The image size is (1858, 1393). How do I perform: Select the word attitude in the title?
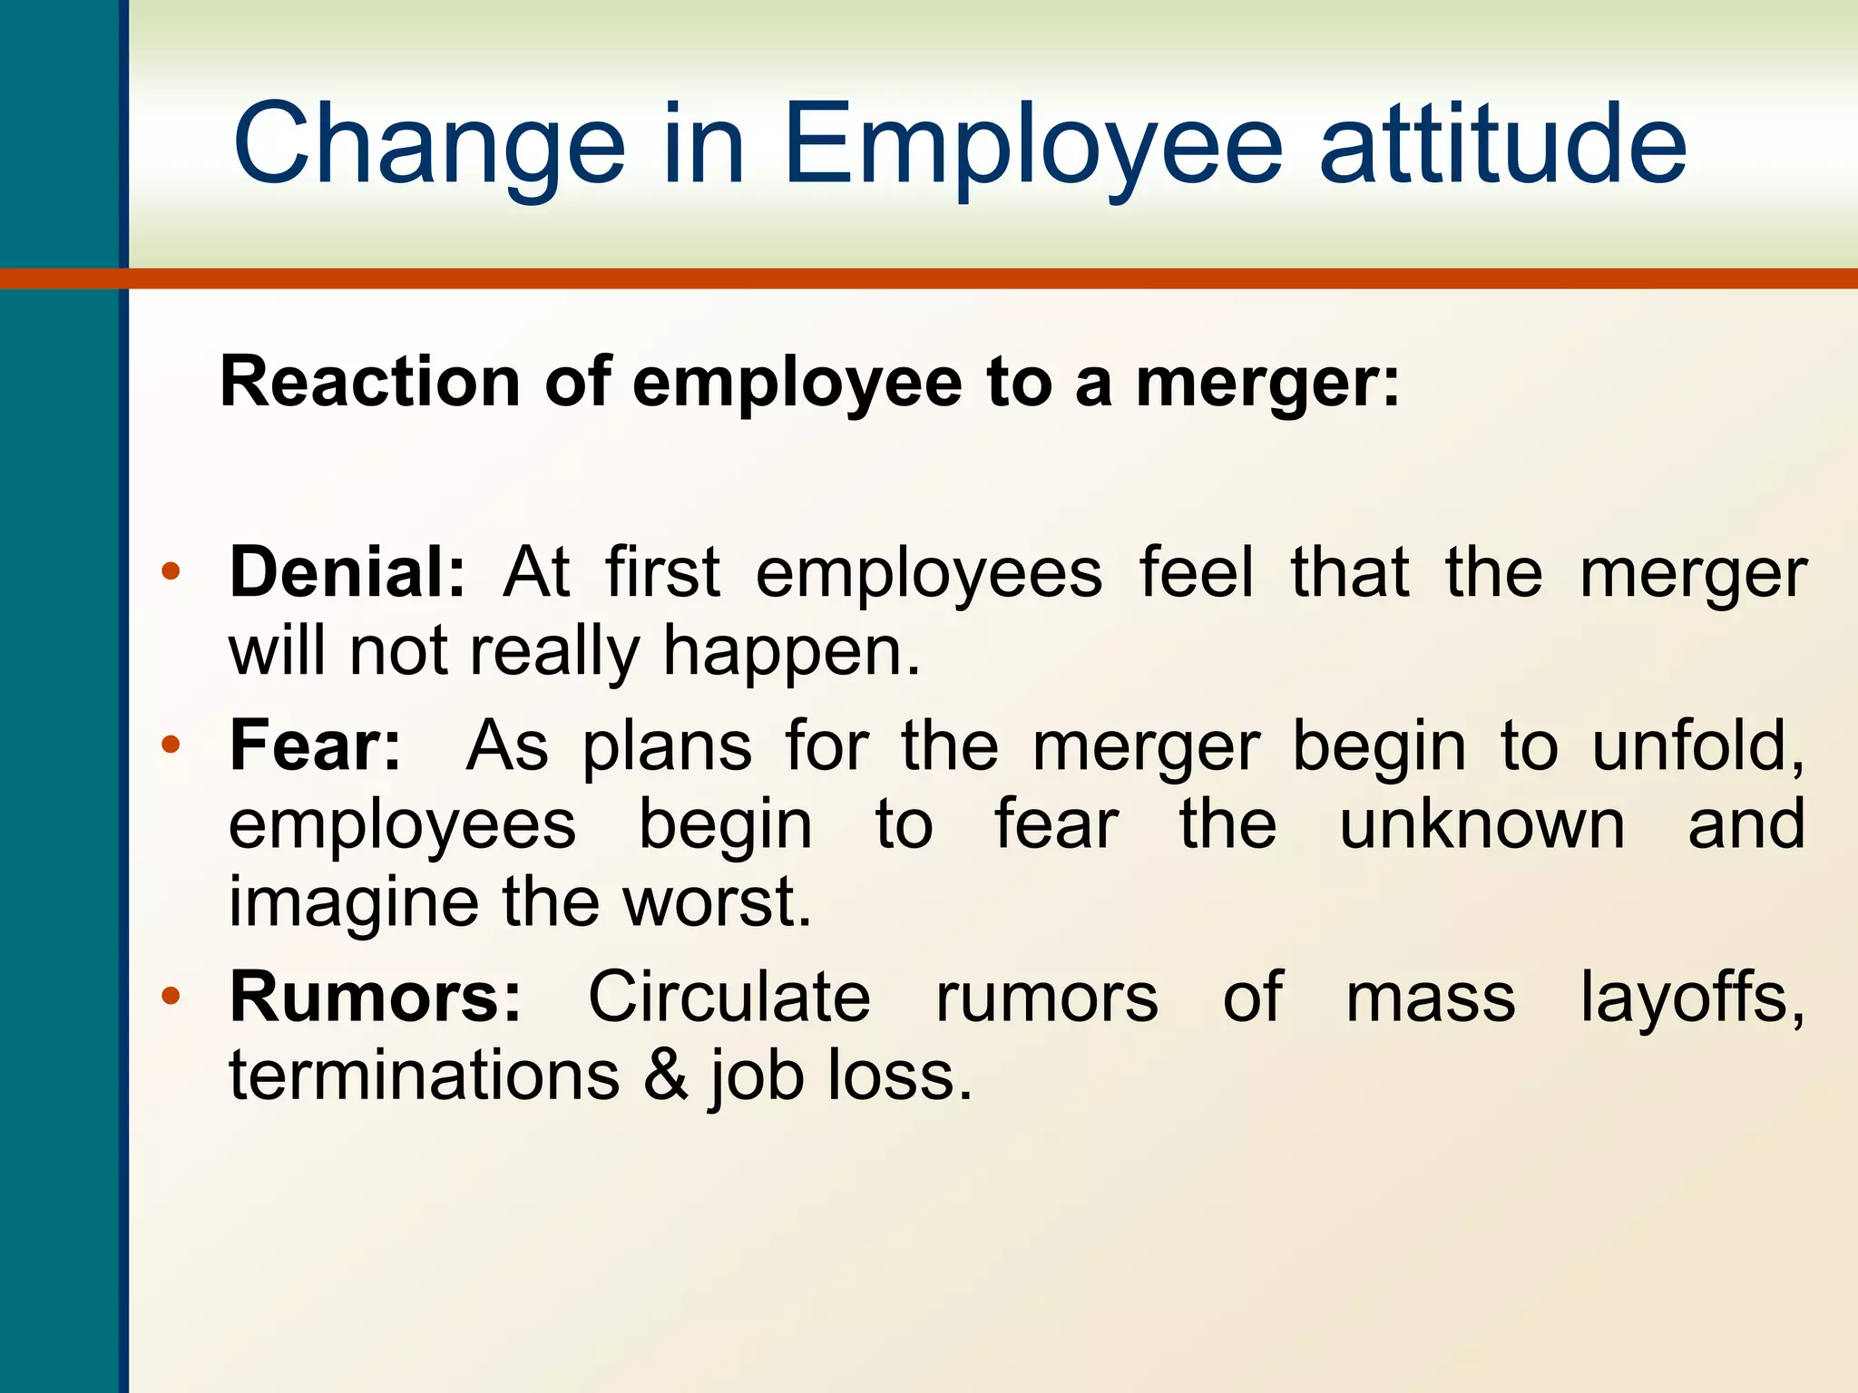click(x=1502, y=145)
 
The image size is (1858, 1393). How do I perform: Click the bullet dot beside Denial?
click(x=171, y=572)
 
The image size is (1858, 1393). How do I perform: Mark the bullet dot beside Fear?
click(x=171, y=745)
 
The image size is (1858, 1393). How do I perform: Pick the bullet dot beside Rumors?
click(x=171, y=997)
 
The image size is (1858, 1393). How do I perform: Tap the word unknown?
click(x=1482, y=824)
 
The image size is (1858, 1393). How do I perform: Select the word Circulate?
click(x=729, y=997)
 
